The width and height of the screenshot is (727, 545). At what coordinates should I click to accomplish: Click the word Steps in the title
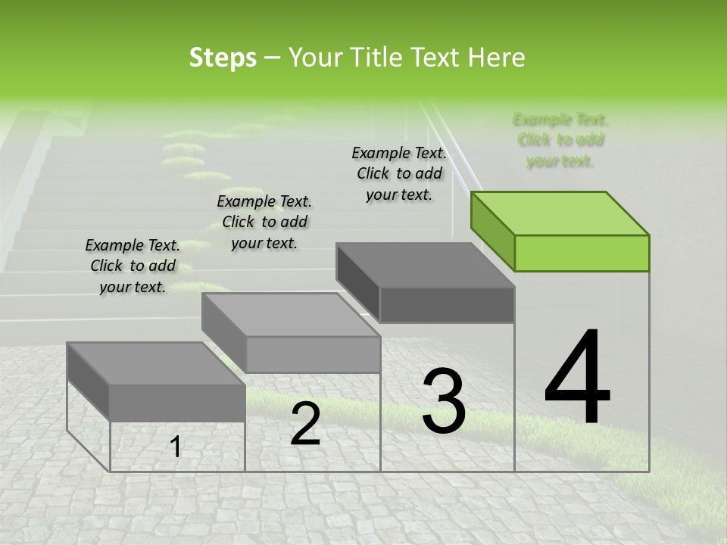click(x=223, y=58)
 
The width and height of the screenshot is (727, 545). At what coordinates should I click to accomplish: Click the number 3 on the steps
click(x=444, y=400)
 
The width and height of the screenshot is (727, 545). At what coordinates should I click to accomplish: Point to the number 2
click(x=305, y=424)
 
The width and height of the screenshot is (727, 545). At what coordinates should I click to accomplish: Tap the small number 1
click(x=176, y=447)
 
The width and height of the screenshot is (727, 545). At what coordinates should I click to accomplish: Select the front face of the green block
click(x=582, y=253)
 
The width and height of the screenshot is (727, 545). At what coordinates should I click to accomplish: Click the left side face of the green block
click(x=492, y=231)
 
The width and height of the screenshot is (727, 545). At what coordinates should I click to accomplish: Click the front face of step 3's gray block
click(x=447, y=305)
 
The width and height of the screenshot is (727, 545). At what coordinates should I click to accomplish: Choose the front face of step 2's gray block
click(x=313, y=354)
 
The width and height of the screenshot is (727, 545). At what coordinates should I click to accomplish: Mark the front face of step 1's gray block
click(x=178, y=403)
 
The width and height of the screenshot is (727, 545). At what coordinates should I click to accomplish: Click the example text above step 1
click(x=133, y=266)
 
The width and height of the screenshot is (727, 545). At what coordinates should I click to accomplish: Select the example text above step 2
click(x=264, y=222)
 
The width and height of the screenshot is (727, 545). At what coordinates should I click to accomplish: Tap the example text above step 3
click(x=399, y=173)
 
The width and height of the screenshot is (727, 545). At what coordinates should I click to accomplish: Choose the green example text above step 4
click(x=560, y=140)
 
